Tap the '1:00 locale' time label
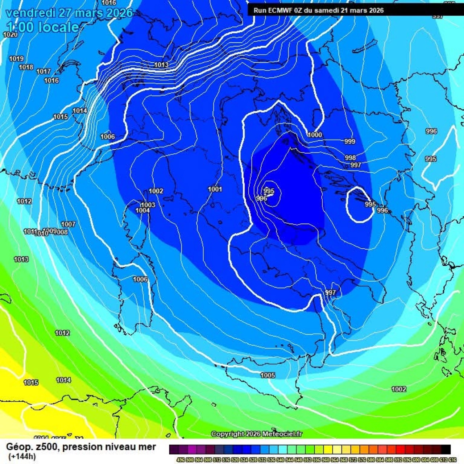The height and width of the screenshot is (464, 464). [x=43, y=27]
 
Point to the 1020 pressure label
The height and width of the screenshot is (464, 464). [x=10, y=34]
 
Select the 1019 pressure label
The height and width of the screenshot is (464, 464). [x=16, y=59]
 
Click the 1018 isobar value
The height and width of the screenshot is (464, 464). [x=26, y=67]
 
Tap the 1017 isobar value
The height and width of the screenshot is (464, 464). [x=43, y=71]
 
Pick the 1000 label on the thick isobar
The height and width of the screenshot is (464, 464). [x=315, y=135]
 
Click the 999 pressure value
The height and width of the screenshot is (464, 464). [x=349, y=141]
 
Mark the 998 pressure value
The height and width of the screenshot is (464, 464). [x=350, y=158]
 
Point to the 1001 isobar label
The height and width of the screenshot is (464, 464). [x=215, y=189]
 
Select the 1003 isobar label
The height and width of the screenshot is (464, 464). [x=148, y=205]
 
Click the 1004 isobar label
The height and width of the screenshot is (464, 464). [x=143, y=211]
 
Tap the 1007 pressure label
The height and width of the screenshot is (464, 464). [x=68, y=224]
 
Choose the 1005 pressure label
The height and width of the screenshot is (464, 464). [x=268, y=375]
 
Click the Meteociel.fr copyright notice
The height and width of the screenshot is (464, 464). [x=257, y=434]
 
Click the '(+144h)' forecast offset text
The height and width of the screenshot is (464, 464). [x=22, y=456]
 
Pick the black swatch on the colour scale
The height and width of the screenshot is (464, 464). [x=446, y=450]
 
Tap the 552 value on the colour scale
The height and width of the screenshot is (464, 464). [x=307, y=460]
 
